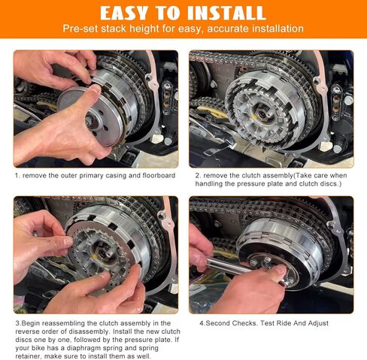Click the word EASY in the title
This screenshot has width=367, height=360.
pyautogui.click(x=129, y=13)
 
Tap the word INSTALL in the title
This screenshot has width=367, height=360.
pyautogui.click(x=226, y=13)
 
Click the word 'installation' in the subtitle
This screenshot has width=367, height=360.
pyautogui.click(x=277, y=29)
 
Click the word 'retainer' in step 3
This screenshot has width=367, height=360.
pyautogui.click(x=26, y=356)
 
